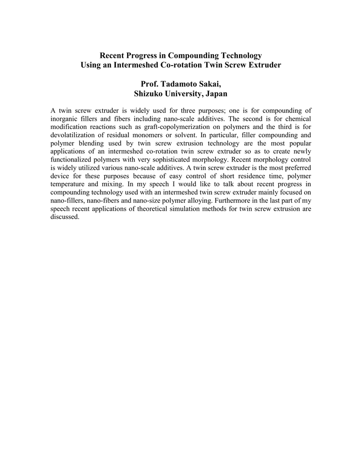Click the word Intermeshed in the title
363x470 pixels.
click(x=139, y=65)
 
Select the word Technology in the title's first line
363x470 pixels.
click(x=239, y=56)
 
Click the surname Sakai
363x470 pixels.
click(x=210, y=84)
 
